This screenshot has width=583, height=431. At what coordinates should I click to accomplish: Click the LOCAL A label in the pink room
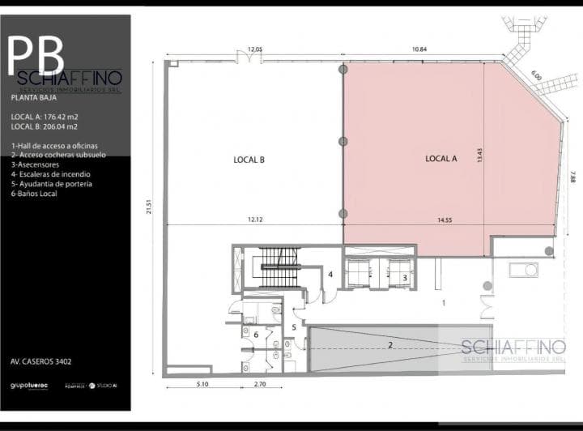441,159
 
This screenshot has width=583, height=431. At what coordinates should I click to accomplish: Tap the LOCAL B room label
249,160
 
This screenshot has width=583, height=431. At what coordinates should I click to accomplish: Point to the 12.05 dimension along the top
255,49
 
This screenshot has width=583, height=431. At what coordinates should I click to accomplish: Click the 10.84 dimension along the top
419,49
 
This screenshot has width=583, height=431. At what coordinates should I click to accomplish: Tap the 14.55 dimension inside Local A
445,220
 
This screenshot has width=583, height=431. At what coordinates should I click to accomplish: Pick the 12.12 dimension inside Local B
255,220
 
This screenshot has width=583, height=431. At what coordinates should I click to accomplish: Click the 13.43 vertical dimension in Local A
479,156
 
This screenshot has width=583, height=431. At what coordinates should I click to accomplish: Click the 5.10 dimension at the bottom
202,383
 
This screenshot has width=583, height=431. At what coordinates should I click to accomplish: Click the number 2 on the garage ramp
389,345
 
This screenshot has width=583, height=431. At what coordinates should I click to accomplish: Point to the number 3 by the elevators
404,277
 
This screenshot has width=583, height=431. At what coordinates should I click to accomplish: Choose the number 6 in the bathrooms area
256,334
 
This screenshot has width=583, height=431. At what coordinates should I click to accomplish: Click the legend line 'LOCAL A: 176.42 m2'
45,117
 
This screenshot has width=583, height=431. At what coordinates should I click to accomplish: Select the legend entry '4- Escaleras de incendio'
50,174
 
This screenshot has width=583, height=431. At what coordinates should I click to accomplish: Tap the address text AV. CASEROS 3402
46,362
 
